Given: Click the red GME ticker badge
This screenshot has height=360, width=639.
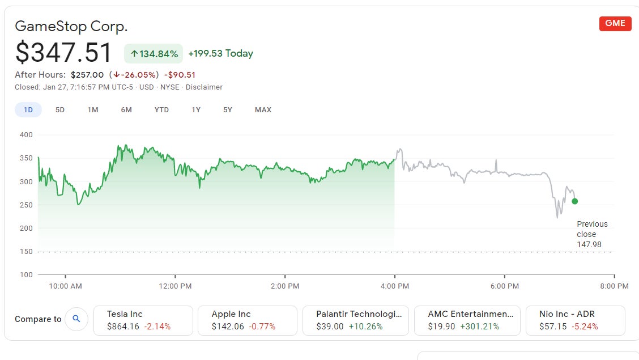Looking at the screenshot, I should pos(615,23).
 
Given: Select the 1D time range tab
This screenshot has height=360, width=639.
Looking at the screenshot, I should pos(28,109).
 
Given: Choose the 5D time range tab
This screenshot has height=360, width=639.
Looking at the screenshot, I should pos(60,109).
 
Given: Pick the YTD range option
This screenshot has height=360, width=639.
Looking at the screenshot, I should pos(161,109).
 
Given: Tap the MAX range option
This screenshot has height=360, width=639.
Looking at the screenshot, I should pos(263,109).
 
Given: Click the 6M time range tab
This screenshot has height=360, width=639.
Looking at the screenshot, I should pos(126,109).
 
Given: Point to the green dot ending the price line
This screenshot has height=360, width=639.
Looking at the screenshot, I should pos(575,201).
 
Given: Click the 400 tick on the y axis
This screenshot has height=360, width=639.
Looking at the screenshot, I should pos(26,135).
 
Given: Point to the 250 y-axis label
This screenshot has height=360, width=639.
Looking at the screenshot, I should pos(26,205).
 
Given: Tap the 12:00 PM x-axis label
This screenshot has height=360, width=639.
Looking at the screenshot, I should pos(175,286).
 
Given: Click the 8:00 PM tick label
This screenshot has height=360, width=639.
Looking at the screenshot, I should pos(615,286).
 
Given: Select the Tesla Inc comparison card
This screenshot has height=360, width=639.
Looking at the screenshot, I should pos(142,320).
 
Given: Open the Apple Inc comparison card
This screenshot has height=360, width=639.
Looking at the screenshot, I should pos(247,320).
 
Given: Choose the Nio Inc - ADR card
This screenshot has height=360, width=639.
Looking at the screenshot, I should pos(575,320).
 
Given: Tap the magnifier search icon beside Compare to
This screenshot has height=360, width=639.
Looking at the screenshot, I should pos(76,319).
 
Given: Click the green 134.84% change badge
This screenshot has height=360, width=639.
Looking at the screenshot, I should pos(154,54).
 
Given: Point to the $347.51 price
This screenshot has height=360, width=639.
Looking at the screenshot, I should pos(63,53).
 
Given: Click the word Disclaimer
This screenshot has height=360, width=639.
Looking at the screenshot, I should pos(204,87).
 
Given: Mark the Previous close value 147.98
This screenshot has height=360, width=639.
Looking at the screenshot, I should pos(589,244).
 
